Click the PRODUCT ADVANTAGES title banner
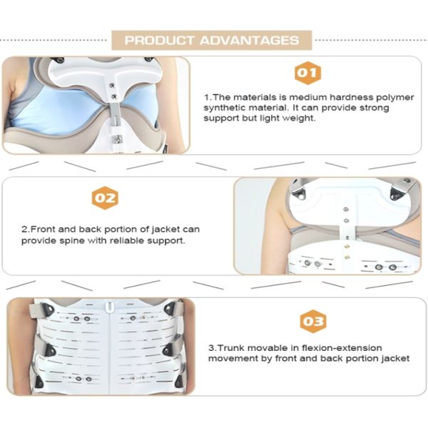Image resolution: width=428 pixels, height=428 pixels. tap(212, 40)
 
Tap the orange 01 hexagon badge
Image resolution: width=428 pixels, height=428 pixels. tap(308, 72)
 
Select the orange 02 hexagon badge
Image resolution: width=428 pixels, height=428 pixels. tap(105, 198)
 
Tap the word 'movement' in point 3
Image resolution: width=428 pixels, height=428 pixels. tap(231, 358)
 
